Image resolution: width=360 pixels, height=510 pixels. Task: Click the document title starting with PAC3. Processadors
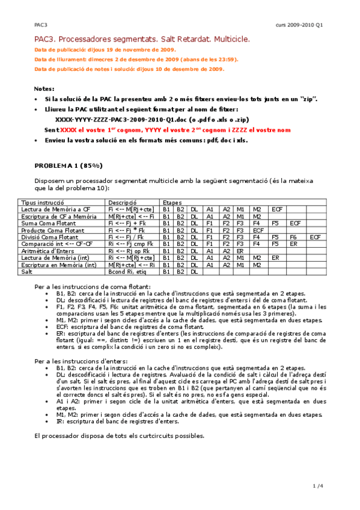click(142, 39)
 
